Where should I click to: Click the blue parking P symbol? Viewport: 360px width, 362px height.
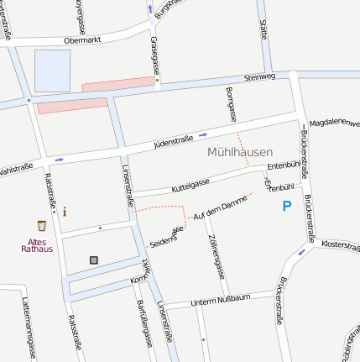pyautogui.click(x=287, y=205)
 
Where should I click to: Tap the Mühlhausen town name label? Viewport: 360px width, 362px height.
pyautogui.click(x=239, y=152)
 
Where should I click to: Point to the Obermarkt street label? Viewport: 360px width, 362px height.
pyautogui.click(x=82, y=39)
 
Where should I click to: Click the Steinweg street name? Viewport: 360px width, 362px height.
pyautogui.click(x=258, y=78)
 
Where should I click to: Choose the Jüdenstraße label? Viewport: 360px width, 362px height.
pyautogui.click(x=174, y=139)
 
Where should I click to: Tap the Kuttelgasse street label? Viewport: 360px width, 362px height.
pyautogui.click(x=190, y=183)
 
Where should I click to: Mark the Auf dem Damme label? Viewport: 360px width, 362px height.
pyautogui.click(x=219, y=207)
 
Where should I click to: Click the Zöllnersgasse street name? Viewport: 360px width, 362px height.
pyautogui.click(x=215, y=256)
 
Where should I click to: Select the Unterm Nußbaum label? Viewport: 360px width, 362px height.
pyautogui.click(x=221, y=301)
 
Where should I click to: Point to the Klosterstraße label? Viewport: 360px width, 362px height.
pyautogui.click(x=340, y=244)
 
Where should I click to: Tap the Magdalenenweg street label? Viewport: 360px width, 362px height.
pyautogui.click(x=334, y=123)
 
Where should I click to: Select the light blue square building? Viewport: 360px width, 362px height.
pyautogui.click(x=52, y=70)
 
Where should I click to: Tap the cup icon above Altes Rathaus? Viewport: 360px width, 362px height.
pyautogui.click(x=42, y=225)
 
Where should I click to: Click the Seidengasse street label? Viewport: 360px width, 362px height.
pyautogui.click(x=166, y=237)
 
